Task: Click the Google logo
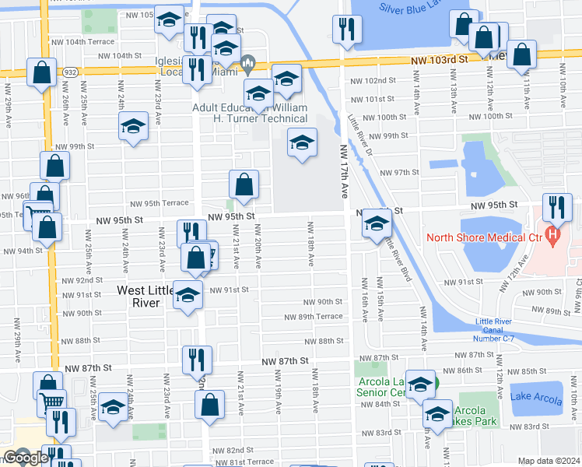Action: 26,458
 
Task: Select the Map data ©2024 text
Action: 549,461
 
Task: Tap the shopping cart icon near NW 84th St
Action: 52,402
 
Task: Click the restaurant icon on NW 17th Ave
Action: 345,30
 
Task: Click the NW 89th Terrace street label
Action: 313,317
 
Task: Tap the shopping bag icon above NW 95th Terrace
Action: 244,184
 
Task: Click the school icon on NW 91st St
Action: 188,295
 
